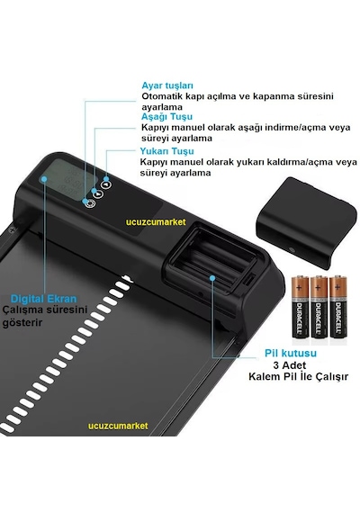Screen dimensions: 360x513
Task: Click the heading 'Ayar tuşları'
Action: point(167,85)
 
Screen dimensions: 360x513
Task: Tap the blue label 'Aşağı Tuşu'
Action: point(166,117)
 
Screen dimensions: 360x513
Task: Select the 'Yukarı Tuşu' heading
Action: point(166,151)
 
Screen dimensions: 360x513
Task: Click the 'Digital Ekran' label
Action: point(43,299)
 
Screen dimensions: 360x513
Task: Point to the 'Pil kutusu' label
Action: point(291,353)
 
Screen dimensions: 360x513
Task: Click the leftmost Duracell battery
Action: point(300,307)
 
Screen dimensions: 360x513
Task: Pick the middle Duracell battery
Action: point(319,307)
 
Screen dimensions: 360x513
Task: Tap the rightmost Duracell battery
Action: point(338,307)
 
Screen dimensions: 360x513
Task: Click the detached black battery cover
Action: point(306,222)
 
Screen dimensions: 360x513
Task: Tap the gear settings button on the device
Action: point(90,203)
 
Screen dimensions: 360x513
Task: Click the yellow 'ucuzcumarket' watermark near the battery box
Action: point(156,222)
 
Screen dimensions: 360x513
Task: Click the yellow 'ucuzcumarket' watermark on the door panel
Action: point(118,426)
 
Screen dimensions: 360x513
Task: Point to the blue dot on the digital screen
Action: point(44,179)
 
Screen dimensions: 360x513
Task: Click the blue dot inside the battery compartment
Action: point(212,278)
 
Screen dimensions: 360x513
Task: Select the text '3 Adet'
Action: point(289,365)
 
